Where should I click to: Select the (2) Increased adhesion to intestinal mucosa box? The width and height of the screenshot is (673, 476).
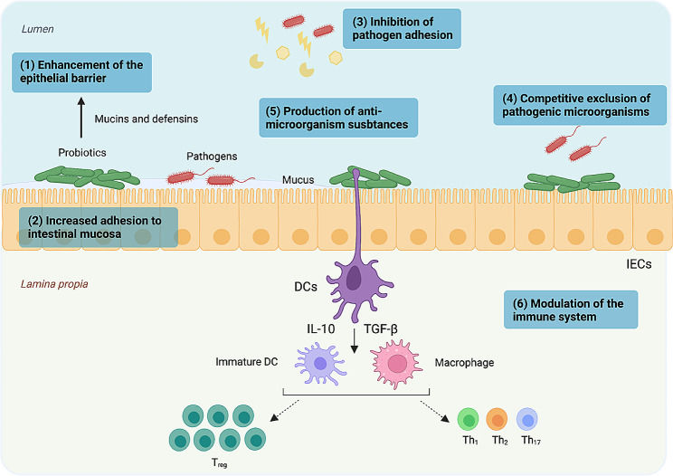[98, 227]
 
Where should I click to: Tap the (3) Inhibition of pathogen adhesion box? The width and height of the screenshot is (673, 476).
[402, 28]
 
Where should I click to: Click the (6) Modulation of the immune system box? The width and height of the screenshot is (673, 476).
[571, 309]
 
